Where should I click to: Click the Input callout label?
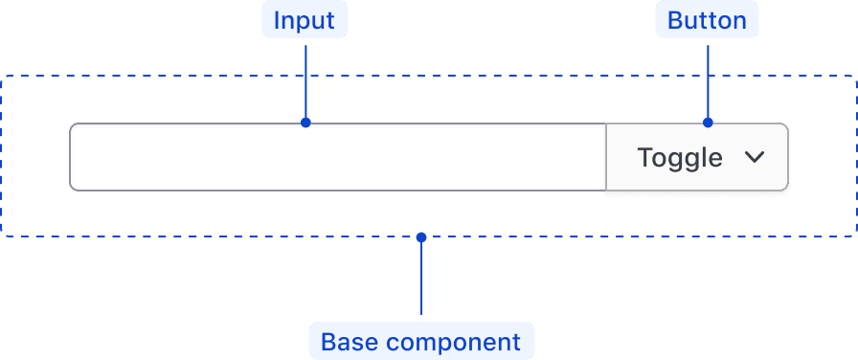click(x=305, y=21)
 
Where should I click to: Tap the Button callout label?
click(x=707, y=21)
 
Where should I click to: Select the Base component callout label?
click(x=420, y=342)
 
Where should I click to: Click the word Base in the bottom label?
click(x=349, y=342)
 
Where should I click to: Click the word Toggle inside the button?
click(x=680, y=157)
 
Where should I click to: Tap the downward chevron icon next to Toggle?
click(x=755, y=157)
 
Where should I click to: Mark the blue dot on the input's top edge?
click(x=305, y=123)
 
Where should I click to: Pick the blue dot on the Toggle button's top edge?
click(x=708, y=123)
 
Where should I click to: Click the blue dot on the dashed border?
click(x=421, y=236)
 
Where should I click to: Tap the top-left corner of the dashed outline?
click(x=3, y=76)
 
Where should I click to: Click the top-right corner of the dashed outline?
click(x=855, y=76)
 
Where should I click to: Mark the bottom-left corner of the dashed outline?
click(x=3, y=235)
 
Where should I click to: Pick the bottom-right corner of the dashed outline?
click(x=855, y=235)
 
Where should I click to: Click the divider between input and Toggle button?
click(x=606, y=157)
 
